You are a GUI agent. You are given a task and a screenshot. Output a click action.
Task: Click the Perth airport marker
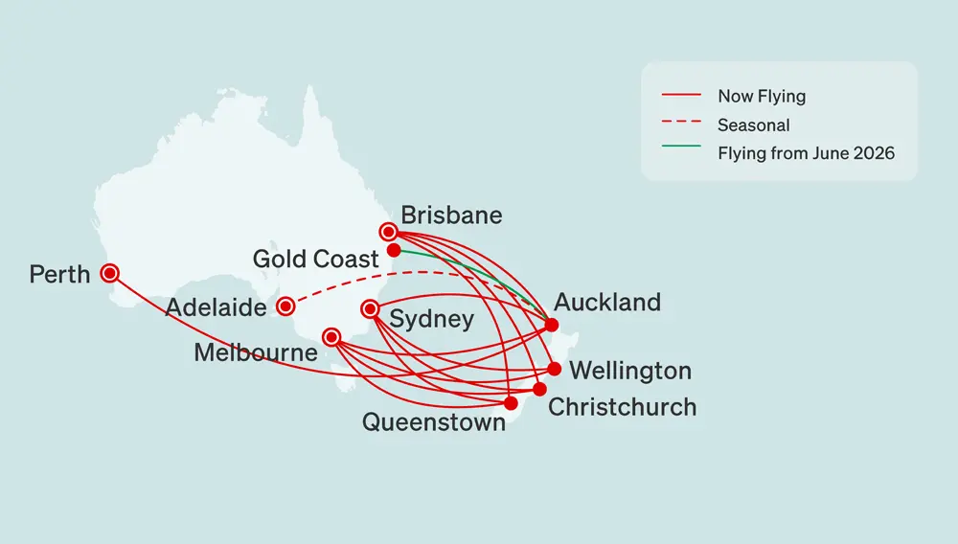110,273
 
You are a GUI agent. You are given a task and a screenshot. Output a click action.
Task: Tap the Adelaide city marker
285,306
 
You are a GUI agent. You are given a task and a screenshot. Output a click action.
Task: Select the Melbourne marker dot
331,337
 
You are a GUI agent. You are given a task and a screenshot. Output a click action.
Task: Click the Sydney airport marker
370,308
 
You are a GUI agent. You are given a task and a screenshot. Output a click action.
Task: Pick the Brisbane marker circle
388,231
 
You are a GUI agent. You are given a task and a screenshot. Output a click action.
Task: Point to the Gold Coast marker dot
393,250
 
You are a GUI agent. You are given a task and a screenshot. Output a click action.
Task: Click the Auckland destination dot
551,325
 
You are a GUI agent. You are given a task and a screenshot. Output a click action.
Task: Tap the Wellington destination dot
554,369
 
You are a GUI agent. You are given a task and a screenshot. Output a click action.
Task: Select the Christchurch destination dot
539,390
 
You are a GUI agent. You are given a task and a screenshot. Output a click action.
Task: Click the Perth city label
59,275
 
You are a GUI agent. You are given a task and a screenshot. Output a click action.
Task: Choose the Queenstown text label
433,422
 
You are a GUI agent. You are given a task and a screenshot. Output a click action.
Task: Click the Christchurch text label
622,407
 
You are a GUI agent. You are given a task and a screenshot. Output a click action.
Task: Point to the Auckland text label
607,303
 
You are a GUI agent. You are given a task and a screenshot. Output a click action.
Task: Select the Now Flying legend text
762,96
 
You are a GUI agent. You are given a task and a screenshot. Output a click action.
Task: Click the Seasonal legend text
753,125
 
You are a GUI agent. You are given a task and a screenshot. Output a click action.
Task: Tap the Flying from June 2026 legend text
806,153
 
